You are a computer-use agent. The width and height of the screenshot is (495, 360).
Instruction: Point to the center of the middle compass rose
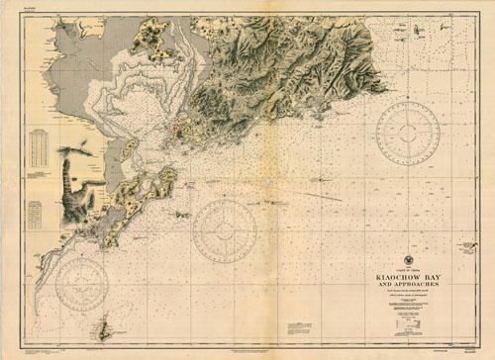pyautogui.click(x=225, y=231)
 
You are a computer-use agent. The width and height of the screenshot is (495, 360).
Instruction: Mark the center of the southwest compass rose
pyautogui.click(x=81, y=284)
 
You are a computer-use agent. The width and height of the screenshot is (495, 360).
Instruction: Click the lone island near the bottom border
pyautogui.click(x=101, y=328)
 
